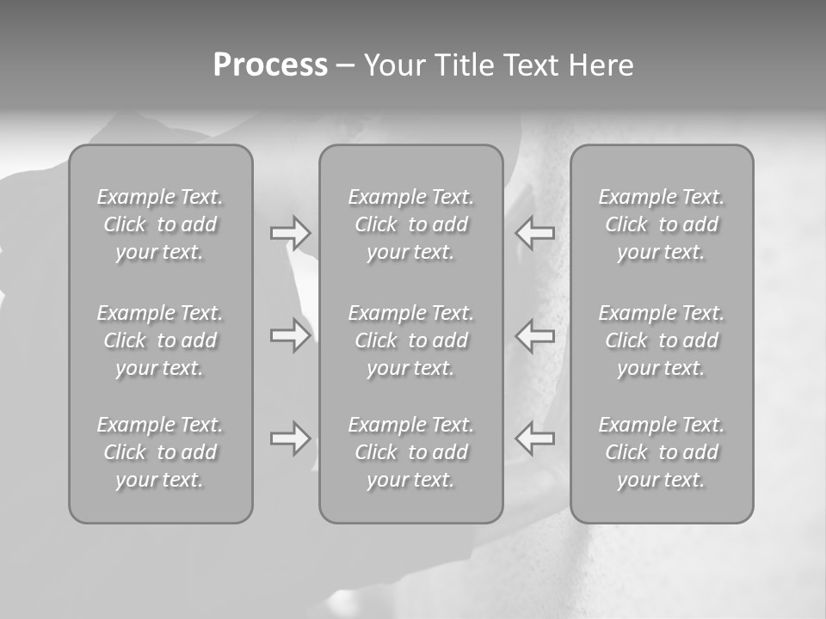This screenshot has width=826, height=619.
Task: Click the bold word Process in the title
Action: (270, 65)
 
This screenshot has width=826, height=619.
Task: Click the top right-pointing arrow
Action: (290, 233)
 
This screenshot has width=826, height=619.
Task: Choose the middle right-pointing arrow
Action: (290, 335)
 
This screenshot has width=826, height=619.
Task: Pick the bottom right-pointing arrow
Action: (290, 438)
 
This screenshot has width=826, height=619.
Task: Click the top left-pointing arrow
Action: (535, 233)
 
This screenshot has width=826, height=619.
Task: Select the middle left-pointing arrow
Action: (535, 335)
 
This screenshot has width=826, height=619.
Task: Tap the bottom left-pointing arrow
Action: (535, 438)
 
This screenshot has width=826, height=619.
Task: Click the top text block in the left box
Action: (160, 224)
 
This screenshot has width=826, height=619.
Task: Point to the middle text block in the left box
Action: (160, 340)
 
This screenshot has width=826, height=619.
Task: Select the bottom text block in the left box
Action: (160, 452)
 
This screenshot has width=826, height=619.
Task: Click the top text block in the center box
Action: (410, 224)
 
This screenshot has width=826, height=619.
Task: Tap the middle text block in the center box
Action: (410, 340)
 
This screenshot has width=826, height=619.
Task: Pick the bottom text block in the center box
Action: (410, 452)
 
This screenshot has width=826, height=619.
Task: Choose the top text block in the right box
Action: (661, 224)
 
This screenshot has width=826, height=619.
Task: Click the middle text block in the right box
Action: (661, 340)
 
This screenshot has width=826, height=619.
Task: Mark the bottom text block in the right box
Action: (661, 452)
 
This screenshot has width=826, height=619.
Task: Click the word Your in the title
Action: (392, 65)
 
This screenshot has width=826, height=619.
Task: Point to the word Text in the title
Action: (531, 65)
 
